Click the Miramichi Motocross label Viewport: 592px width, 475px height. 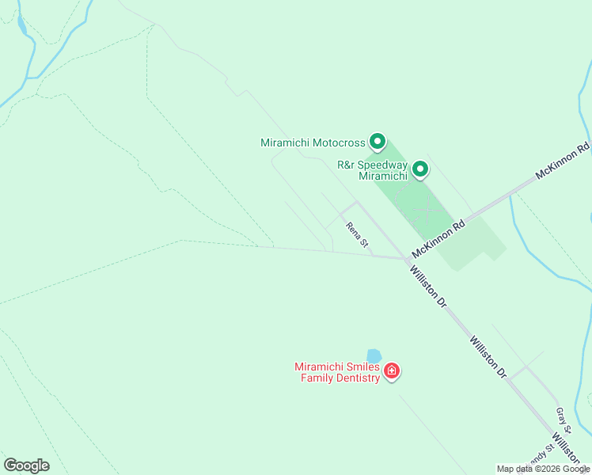pos(313,143)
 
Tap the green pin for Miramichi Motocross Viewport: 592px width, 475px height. pos(378,142)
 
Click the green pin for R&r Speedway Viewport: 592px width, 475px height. pos(420,169)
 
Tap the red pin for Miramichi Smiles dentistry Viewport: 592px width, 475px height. pos(391,370)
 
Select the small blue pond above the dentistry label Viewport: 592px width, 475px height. pos(374,356)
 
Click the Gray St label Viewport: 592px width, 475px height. pos(562,418)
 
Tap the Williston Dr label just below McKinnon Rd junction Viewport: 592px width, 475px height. pos(428,286)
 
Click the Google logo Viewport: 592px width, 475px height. pos(26,465)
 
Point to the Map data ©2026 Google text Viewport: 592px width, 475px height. pos(543,469)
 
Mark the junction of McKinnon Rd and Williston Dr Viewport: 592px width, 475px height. pos(406,259)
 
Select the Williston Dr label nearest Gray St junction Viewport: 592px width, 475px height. pos(487,356)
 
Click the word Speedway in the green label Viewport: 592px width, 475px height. pos(383,165)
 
